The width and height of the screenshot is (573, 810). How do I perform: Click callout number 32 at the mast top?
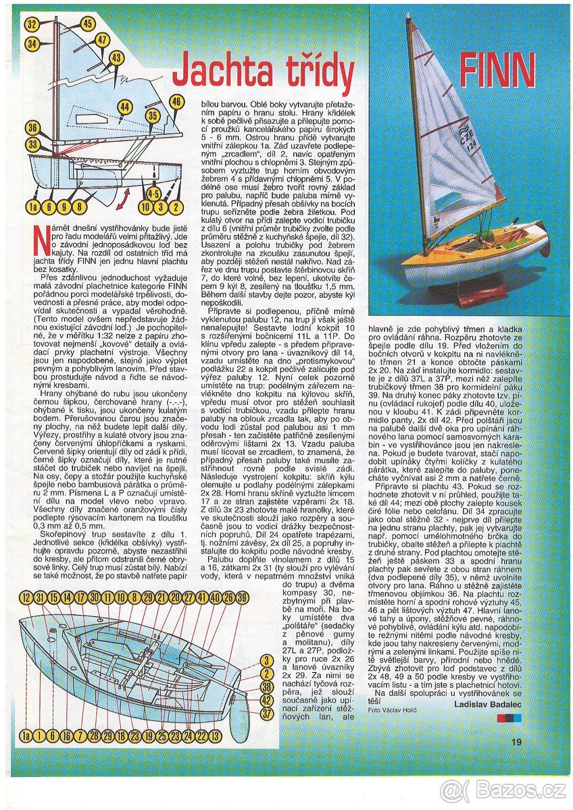(x=32, y=25)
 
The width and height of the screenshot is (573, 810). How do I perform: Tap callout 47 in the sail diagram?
(x=102, y=40)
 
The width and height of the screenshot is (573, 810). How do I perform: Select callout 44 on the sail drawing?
(x=124, y=107)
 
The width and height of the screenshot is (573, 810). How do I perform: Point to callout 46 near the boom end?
(x=176, y=102)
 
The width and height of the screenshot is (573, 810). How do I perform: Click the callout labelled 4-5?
(x=153, y=194)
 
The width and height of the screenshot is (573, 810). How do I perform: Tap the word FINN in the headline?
(x=497, y=71)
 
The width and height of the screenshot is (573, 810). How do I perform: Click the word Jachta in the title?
(x=224, y=76)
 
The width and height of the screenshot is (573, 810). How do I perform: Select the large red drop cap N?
(x=41, y=237)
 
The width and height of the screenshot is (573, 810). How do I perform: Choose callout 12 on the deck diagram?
(x=26, y=597)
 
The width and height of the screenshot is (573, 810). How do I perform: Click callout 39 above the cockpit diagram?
(x=242, y=597)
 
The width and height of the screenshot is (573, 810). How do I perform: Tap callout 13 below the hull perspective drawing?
(x=215, y=736)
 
